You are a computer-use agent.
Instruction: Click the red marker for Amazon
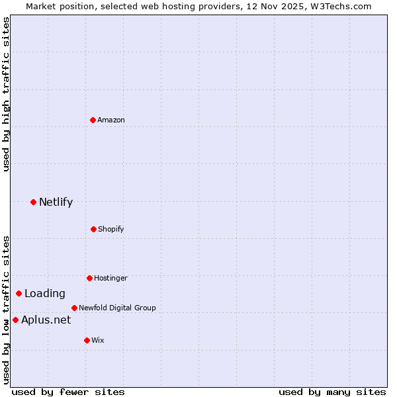pyautogui.click(x=93, y=120)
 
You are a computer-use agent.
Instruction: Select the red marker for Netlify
pyautogui.click(x=33, y=202)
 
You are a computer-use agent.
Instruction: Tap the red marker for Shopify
pyautogui.click(x=93, y=229)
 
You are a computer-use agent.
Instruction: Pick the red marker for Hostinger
pyautogui.click(x=89, y=278)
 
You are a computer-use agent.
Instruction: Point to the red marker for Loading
pyautogui.click(x=19, y=293)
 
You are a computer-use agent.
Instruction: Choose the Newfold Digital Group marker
pyautogui.click(x=74, y=308)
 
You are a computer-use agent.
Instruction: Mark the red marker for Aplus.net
pyautogui.click(x=15, y=320)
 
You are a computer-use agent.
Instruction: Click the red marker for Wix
pyautogui.click(x=87, y=340)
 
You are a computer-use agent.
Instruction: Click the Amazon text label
pyautogui.click(x=111, y=120)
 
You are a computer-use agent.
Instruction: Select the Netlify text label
pyautogui.click(x=56, y=202)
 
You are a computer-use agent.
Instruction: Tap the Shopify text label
pyautogui.click(x=111, y=229)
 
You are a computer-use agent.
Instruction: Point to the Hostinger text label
pyautogui.click(x=110, y=278)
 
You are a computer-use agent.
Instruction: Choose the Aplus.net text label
pyautogui.click(x=46, y=320)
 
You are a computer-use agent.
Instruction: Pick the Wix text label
pyautogui.click(x=98, y=340)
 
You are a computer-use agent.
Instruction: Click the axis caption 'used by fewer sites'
pyautogui.click(x=68, y=392)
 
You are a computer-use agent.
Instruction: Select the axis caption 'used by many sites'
pyautogui.click(x=332, y=392)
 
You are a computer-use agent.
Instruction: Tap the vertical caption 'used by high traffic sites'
pyautogui.click(x=6, y=94)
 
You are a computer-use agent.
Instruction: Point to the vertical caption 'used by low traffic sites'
pyautogui.click(x=6, y=310)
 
